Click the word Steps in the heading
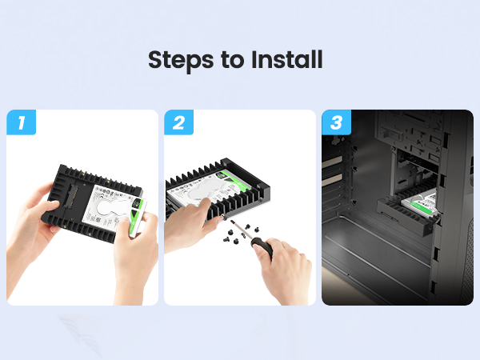[x=181, y=60]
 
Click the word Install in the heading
[x=287, y=59]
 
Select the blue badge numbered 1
[x=21, y=122]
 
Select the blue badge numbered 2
[x=178, y=122]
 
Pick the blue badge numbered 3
[x=336, y=122]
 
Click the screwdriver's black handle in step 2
[x=262, y=247]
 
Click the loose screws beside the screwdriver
[x=240, y=234]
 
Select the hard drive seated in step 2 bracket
[x=209, y=186]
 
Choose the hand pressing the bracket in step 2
[x=190, y=224]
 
